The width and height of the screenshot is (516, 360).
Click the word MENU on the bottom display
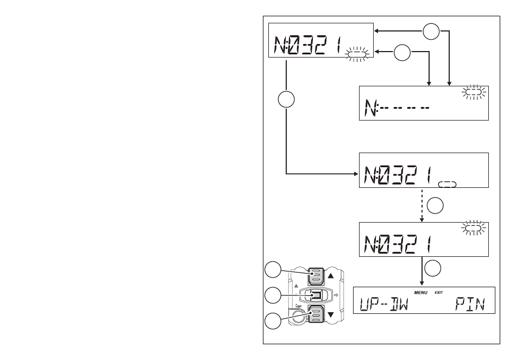[420, 293]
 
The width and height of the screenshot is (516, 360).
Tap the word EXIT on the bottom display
[439, 293]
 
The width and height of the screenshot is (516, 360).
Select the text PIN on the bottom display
[470, 304]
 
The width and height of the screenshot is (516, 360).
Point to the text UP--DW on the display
[383, 304]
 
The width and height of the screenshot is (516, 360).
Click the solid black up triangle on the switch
[331, 275]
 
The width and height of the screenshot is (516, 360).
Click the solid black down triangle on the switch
[331, 315]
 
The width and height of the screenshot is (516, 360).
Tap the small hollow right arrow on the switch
[336, 295]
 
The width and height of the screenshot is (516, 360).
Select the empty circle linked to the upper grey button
[273, 270]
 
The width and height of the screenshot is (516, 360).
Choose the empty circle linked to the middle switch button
[273, 295]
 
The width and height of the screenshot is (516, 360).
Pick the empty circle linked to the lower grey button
[273, 321]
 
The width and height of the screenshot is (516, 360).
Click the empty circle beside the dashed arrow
[435, 206]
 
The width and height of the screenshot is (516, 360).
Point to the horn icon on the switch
[299, 306]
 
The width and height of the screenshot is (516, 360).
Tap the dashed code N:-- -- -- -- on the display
[397, 108]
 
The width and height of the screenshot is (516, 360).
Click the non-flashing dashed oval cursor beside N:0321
[447, 184]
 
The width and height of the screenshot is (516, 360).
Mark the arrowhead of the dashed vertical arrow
[422, 220]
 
